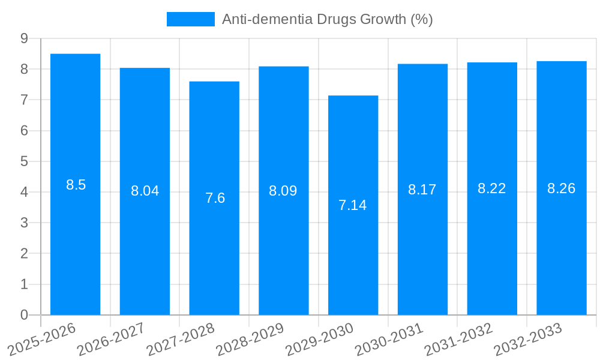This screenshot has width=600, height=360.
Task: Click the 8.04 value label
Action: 145,191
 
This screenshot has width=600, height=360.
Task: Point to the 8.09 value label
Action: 283,191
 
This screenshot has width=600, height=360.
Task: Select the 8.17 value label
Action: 422,190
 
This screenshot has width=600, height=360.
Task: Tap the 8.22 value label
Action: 491,188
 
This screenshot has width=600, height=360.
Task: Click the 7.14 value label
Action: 352,205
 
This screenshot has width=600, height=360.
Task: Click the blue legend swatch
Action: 190,19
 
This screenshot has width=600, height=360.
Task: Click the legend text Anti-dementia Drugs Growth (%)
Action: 327,19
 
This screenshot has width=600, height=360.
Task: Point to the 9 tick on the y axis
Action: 24,38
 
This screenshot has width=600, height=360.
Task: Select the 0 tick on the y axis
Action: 24,315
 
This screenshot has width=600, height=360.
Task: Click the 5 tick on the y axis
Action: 24,161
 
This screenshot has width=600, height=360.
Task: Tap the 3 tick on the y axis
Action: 24,223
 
